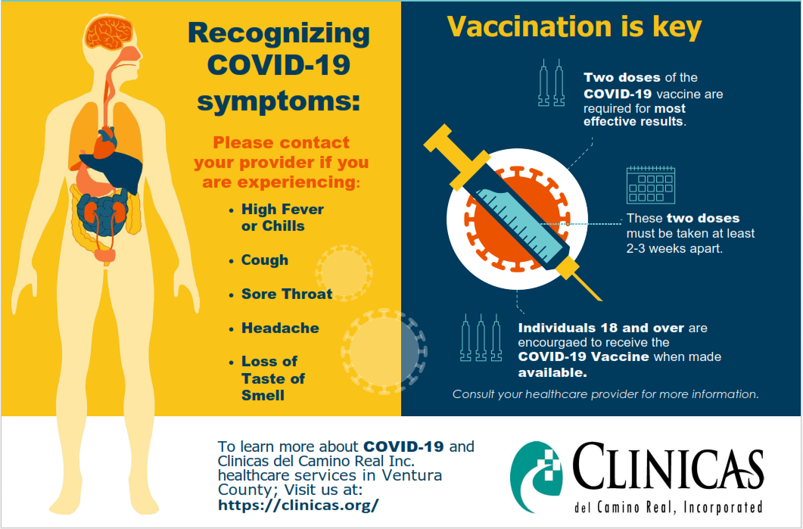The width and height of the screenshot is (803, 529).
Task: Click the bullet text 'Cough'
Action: click(x=265, y=260)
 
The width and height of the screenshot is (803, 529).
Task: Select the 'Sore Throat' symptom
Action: click(x=287, y=294)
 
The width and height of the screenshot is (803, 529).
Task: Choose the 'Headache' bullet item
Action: click(x=280, y=328)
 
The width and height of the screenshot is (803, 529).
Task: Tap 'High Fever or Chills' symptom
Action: click(x=282, y=218)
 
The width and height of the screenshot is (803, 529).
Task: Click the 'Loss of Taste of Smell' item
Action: click(x=273, y=378)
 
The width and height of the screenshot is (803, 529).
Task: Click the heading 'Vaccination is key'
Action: click(x=574, y=26)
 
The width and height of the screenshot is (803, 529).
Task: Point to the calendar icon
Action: click(x=651, y=185)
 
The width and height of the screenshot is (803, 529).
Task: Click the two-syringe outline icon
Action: click(x=552, y=82)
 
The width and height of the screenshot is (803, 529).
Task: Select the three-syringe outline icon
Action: click(x=481, y=338)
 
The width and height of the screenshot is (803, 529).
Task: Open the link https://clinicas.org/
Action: click(x=298, y=505)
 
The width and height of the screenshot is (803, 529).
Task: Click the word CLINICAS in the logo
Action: click(x=668, y=467)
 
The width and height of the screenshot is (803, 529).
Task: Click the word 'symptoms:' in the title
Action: click(x=279, y=100)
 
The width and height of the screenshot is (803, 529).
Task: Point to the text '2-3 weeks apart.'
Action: click(x=674, y=249)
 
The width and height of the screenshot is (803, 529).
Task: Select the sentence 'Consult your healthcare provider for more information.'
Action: click(x=605, y=394)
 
